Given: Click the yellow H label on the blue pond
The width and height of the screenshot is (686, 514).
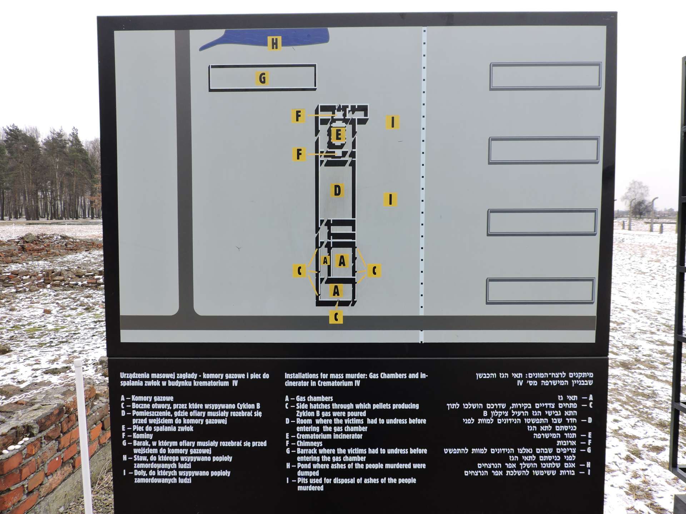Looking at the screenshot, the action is (x=274, y=43).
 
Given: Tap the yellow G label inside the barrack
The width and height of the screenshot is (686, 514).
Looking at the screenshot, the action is (x=262, y=78).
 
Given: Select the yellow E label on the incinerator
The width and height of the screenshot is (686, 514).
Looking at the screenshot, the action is (x=338, y=135).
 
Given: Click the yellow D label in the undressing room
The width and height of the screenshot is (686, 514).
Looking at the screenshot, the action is (x=337, y=190).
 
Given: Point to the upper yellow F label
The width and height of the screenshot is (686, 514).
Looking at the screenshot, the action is (x=298, y=116).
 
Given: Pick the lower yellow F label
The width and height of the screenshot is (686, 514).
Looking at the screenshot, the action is (x=299, y=154).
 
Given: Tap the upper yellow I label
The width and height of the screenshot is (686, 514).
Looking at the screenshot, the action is (x=393, y=122).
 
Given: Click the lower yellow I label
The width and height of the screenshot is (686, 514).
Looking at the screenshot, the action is (x=390, y=199).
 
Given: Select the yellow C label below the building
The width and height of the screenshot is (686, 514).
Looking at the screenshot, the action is (x=336, y=317).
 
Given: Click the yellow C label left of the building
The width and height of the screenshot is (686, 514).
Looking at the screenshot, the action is (x=299, y=271).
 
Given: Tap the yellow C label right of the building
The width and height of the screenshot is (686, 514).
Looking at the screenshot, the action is (x=374, y=271).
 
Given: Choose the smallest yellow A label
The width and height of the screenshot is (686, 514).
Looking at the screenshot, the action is (x=325, y=261).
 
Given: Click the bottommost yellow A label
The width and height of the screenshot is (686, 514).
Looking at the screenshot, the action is (x=336, y=291).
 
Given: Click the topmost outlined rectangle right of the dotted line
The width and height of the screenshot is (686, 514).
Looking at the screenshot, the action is (x=546, y=64).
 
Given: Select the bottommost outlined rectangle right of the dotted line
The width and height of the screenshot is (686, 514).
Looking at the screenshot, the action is (x=540, y=280).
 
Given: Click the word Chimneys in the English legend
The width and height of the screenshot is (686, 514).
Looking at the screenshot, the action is (x=309, y=444).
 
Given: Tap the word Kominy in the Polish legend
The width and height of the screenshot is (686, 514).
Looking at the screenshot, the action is (x=143, y=436).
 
